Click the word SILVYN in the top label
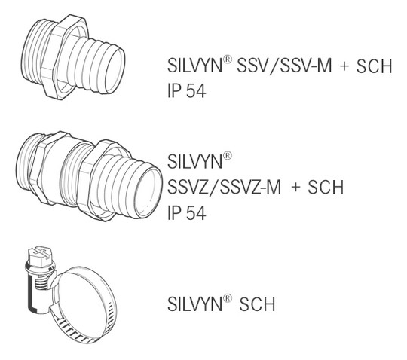coord(194,65)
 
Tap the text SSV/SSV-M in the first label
coord(284,66)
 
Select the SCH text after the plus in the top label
coord(374,66)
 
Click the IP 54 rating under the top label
coord(187,91)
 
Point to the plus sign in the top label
coord(344,66)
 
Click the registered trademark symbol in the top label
coord(227,59)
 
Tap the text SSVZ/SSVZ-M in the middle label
coord(225,187)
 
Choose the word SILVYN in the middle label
coord(194,161)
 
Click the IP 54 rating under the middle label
coord(187,212)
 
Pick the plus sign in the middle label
coord(295,188)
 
